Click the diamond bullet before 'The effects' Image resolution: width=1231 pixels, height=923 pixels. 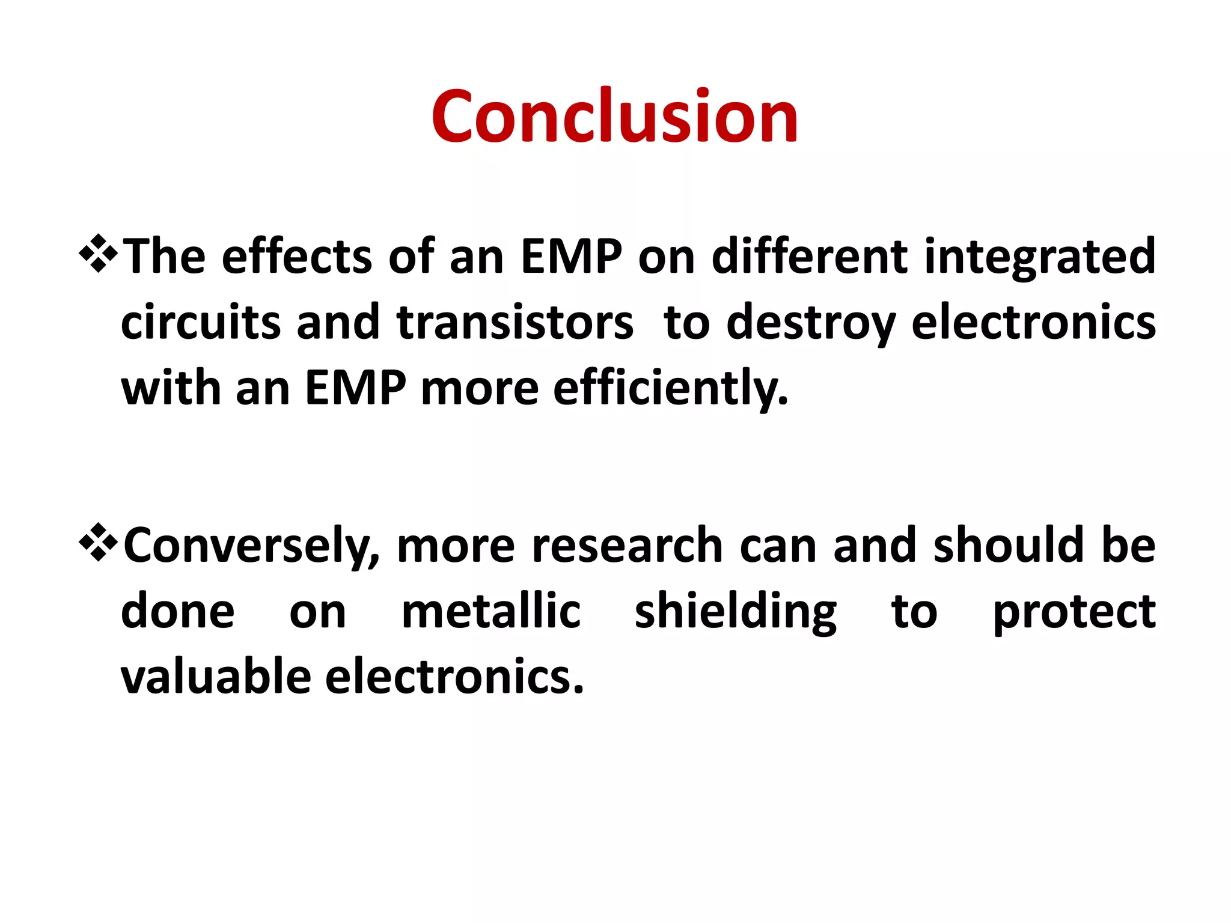pos(98,255)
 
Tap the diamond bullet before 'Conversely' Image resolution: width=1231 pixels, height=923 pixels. pos(98,543)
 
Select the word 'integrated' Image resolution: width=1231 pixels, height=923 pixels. pos(1039,257)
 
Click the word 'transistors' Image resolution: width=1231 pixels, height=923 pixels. pos(515,323)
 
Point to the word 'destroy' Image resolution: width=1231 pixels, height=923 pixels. pos(811,323)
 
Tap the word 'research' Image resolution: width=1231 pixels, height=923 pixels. pos(627,546)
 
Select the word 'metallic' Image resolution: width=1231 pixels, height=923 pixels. pos(490,612)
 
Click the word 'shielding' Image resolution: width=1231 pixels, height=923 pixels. pos(735,612)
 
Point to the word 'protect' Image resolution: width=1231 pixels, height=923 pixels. pos(1074,612)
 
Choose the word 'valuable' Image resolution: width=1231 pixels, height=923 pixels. pos(216,677)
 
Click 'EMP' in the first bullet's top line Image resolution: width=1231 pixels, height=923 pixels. pos(571,257)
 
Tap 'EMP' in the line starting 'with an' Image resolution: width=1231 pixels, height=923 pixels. pos(355,389)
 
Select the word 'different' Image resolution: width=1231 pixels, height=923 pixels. pos(810,257)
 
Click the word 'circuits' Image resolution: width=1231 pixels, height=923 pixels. pos(201,323)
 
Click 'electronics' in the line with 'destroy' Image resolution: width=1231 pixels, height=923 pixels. pos(1033,323)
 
